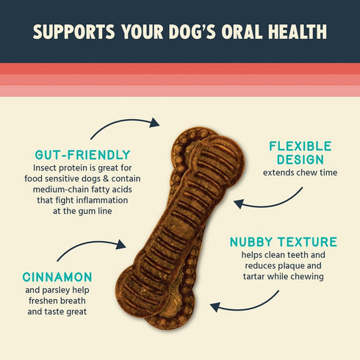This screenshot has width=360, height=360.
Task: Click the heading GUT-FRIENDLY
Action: (82, 154)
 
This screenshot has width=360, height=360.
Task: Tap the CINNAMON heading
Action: (58, 277)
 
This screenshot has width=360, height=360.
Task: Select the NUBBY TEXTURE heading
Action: (284, 242)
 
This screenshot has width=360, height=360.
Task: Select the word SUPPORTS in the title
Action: (72, 33)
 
